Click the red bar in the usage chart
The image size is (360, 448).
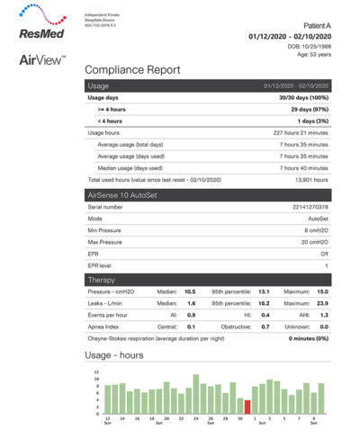point(247,406)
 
